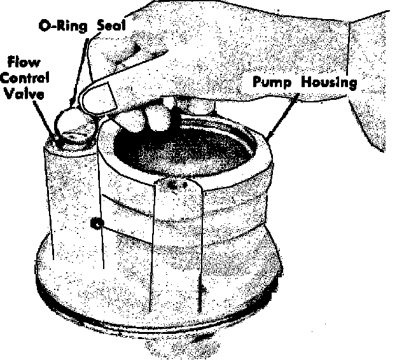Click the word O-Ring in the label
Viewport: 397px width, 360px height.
62,26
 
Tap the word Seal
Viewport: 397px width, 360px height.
112,25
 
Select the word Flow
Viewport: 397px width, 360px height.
24,62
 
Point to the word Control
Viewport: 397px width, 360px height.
24,78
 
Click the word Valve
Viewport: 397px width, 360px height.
24,93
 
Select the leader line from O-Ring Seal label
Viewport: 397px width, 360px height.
80,73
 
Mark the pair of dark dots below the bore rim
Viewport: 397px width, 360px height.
178,185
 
